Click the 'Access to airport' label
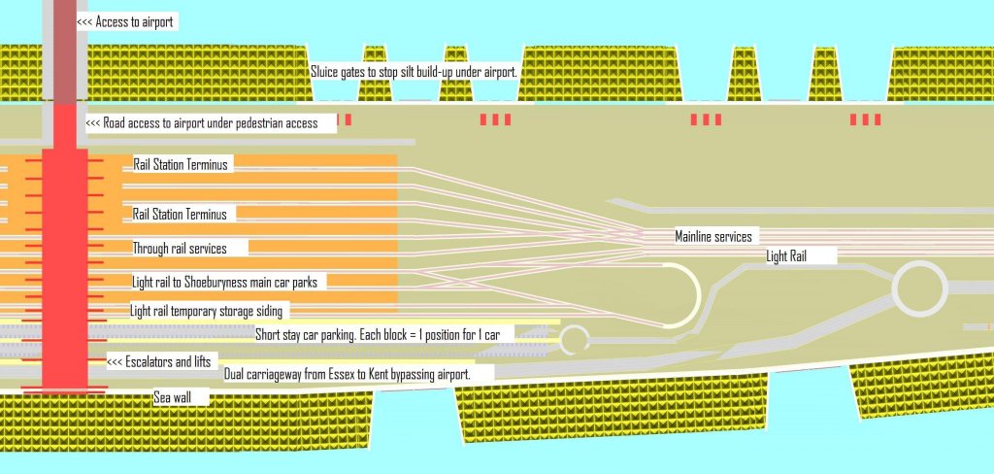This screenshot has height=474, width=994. click(x=126, y=21)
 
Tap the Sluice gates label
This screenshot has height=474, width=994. click(x=414, y=72)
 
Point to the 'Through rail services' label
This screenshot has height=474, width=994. click(x=180, y=249)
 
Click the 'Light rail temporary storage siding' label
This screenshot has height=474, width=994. click(x=209, y=311)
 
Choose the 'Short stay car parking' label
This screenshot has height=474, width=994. click(x=377, y=335)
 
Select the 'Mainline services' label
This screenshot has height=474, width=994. click(x=712, y=237)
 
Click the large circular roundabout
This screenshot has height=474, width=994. click(x=918, y=287)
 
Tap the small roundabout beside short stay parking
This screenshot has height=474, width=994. click(x=575, y=339)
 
